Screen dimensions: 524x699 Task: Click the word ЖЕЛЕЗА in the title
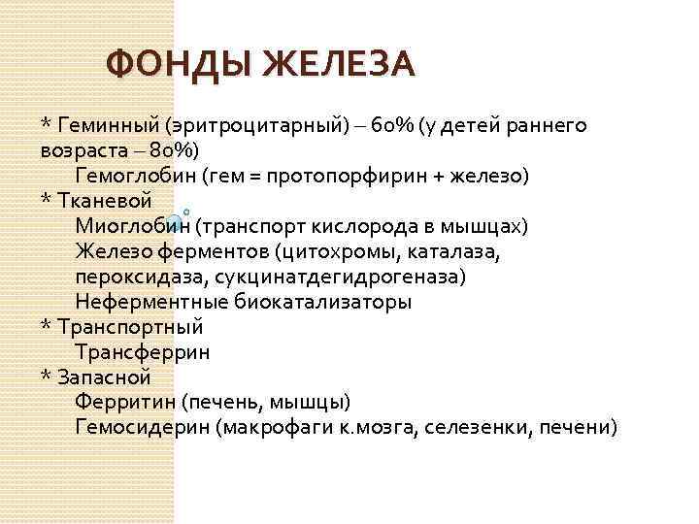click(x=340, y=65)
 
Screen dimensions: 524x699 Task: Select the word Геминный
click(x=108, y=126)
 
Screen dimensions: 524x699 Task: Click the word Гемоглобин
click(x=134, y=177)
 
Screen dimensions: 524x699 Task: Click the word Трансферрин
click(x=142, y=352)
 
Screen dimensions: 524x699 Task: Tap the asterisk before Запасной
click(x=45, y=377)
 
